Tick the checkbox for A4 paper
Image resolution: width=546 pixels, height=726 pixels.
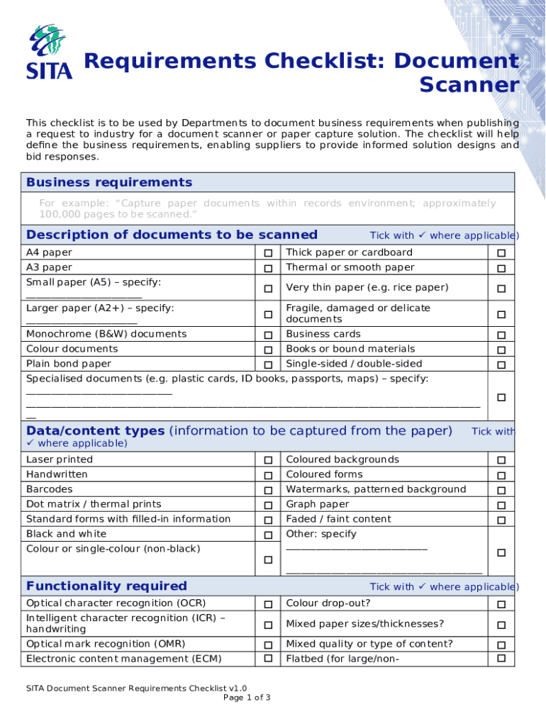[269, 254]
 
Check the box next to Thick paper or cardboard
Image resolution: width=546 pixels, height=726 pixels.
[501, 254]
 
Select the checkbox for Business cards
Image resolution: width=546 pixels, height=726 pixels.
[501, 335]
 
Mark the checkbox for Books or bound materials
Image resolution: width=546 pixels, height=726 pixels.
[501, 350]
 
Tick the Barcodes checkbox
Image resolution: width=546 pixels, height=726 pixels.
[269, 491]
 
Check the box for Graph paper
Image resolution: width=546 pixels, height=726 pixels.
[501, 506]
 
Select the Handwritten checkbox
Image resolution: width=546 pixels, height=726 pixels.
[269, 476]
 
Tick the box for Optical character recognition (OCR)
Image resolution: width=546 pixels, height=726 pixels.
[269, 605]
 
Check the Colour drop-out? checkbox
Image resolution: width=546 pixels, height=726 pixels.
[501, 605]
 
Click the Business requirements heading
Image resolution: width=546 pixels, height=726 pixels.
[109, 182]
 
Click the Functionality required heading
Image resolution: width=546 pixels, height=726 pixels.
[106, 586]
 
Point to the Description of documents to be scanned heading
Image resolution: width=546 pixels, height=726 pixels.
[172, 235]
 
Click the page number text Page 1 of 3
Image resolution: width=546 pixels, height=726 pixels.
[247, 698]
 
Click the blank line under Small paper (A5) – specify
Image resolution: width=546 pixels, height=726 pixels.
[84, 296]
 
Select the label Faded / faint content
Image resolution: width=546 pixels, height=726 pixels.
[338, 519]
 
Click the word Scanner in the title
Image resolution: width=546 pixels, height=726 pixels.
[469, 85]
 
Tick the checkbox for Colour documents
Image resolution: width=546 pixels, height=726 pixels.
[269, 350]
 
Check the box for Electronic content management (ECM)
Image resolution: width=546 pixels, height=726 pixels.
[269, 659]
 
